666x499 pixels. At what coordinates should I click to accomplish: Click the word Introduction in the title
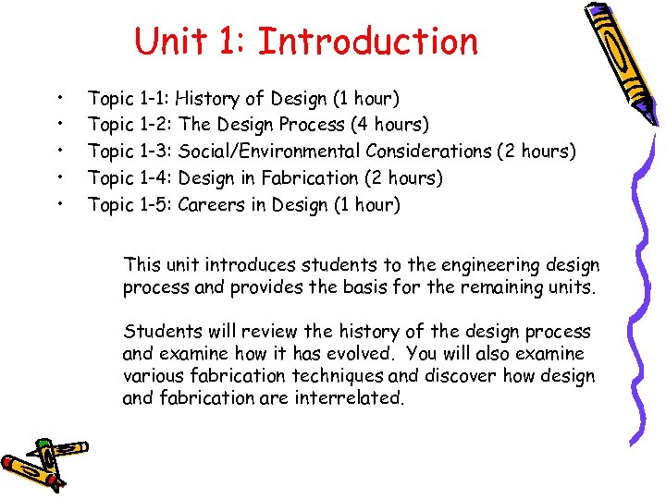368,43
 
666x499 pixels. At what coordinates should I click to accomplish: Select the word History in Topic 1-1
210,97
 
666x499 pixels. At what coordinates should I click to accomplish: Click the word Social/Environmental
269,151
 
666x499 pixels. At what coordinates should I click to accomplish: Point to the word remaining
520,287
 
